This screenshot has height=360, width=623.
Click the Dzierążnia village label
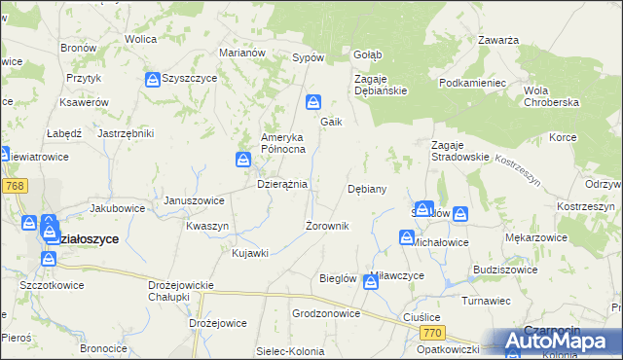(x=281, y=183)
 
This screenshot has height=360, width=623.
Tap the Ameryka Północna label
(x=283, y=143)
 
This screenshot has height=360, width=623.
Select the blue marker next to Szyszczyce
(x=153, y=79)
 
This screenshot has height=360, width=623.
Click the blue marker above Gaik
(x=313, y=101)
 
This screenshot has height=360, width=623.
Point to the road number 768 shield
(x=14, y=185)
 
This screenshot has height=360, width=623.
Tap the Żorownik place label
(x=327, y=226)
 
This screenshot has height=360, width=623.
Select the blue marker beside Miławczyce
(x=371, y=282)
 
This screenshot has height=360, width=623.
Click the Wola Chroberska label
(x=551, y=96)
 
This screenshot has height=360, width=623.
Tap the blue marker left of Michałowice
(x=406, y=237)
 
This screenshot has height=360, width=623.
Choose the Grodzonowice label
(x=326, y=314)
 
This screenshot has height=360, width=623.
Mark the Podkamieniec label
(x=473, y=84)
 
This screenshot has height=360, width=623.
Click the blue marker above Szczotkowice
(x=48, y=259)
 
